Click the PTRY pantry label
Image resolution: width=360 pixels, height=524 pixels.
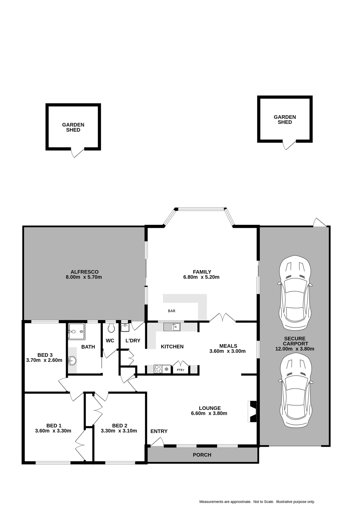click(181, 370)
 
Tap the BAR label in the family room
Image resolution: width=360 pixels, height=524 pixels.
click(172, 311)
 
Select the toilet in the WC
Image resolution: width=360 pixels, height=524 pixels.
click(111, 328)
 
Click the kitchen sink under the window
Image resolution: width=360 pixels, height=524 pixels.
click(172, 327)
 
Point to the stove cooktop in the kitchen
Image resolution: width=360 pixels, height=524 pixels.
click(158, 369)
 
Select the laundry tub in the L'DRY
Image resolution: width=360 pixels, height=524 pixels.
click(125, 327)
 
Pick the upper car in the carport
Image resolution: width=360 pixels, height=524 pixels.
click(295, 292)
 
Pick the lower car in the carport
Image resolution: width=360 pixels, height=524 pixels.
click(296, 390)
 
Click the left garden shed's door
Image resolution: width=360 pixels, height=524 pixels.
click(78, 153)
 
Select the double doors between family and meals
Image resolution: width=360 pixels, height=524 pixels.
click(223, 317)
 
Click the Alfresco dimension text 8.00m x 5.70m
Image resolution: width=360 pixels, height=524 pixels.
click(84, 277)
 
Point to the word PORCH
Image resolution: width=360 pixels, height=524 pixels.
click(202, 455)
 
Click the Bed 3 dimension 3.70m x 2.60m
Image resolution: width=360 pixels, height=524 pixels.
click(44, 360)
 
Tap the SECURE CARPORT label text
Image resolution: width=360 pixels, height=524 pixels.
click(295, 341)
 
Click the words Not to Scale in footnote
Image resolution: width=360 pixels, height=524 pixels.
click(263, 502)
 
